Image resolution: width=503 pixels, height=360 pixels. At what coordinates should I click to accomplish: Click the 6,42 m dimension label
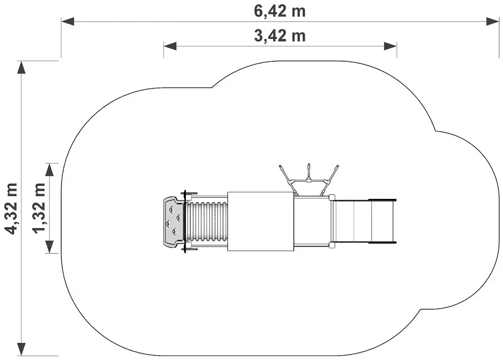[x=280, y=11]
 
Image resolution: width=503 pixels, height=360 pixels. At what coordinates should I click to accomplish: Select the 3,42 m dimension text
[x=280, y=35]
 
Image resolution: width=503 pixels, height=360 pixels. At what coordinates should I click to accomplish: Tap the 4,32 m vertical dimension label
[x=11, y=208]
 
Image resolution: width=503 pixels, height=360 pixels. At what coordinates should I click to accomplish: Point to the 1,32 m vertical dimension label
[x=39, y=208]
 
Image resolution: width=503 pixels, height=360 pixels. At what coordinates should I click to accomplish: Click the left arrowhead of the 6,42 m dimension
[x=68, y=21]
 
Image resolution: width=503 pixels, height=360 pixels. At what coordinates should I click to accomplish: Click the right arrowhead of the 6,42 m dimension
[x=493, y=21]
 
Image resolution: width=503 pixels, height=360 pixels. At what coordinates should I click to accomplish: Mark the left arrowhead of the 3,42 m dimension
[x=170, y=46]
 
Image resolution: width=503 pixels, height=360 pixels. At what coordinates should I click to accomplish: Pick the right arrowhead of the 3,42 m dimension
[x=390, y=46]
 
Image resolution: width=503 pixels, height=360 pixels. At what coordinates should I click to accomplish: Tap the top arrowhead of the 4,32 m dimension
[x=21, y=67]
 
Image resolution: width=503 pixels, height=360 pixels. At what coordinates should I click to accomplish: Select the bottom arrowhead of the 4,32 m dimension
[x=21, y=349]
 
